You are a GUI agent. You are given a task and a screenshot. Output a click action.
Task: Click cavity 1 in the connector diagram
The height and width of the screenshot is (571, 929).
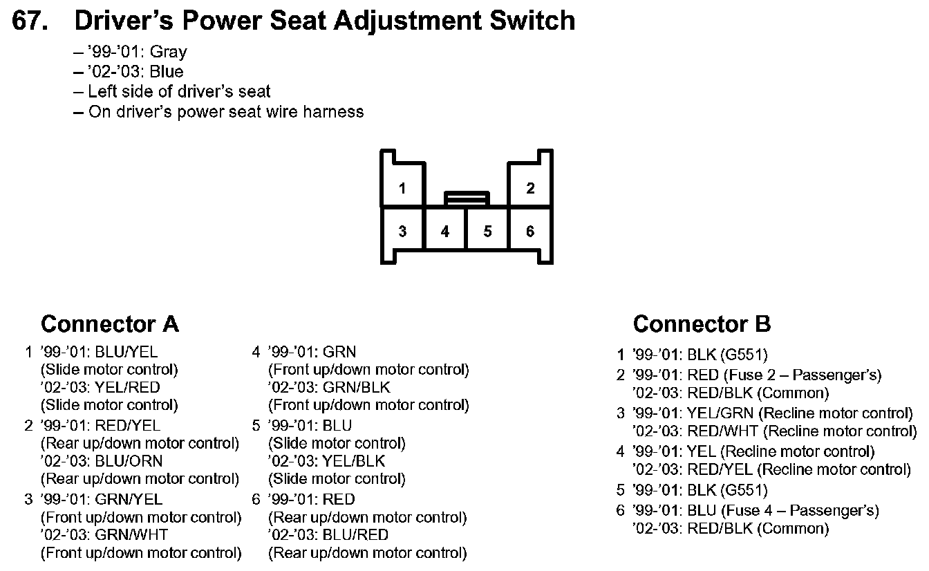402,188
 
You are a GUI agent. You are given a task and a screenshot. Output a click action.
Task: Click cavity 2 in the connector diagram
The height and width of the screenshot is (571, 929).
530,188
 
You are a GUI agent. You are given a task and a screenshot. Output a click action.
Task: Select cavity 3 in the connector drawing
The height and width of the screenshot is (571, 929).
402,231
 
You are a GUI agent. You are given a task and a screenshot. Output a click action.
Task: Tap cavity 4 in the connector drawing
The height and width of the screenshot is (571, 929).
445,231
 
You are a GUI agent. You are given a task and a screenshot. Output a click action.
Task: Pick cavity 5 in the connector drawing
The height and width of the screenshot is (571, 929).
487,231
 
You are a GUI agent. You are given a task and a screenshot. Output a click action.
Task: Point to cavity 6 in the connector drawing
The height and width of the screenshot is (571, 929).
530,231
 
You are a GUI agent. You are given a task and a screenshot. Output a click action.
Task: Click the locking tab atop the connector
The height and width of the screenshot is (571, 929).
467,198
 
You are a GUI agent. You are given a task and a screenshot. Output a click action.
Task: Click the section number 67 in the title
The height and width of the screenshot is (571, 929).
30,21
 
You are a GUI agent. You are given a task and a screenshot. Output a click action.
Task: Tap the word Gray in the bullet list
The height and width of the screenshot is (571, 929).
168,53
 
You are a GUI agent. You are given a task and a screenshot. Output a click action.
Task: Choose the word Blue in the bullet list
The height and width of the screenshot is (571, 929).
167,72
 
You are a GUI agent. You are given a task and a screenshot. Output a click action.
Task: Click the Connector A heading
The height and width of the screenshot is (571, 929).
110,324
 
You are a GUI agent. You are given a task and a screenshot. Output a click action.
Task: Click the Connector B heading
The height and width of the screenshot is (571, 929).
702,324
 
